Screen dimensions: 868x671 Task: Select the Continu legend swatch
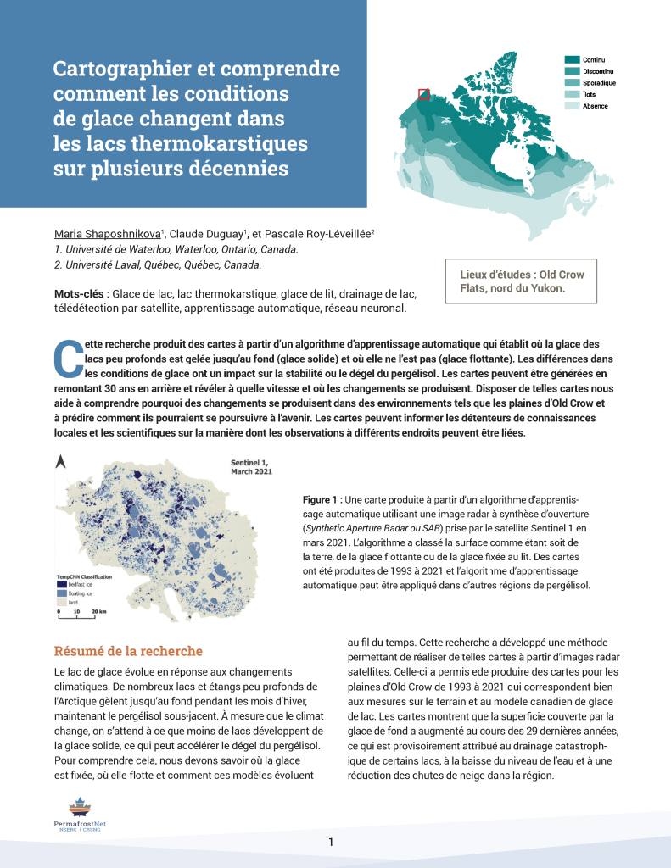tap(572, 59)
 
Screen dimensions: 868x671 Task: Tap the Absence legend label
tap(595, 107)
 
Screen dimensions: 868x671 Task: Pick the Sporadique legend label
tap(599, 83)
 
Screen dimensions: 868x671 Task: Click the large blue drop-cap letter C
tap(66, 359)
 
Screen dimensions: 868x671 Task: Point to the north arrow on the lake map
tap(60, 463)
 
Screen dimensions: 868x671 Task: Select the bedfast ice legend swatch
tap(61, 585)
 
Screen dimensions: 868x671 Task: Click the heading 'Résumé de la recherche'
tap(128, 651)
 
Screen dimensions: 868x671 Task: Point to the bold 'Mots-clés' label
tap(81, 293)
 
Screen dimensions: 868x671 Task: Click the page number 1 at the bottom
tap(332, 842)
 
